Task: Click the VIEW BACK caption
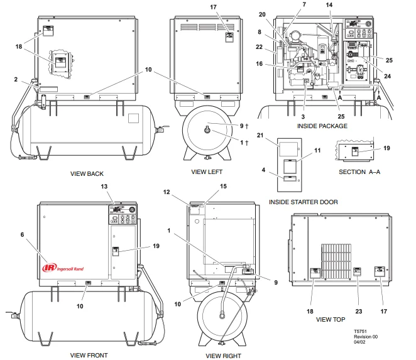pyautogui.click(x=87, y=174)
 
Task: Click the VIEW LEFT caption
pyautogui.click(x=207, y=172)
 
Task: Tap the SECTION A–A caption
pyautogui.click(x=357, y=172)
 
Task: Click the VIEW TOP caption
pyautogui.click(x=331, y=319)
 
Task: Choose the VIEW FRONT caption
pyautogui.click(x=89, y=355)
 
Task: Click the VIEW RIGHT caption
pyautogui.click(x=224, y=356)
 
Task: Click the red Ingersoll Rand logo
pyautogui.click(x=62, y=268)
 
